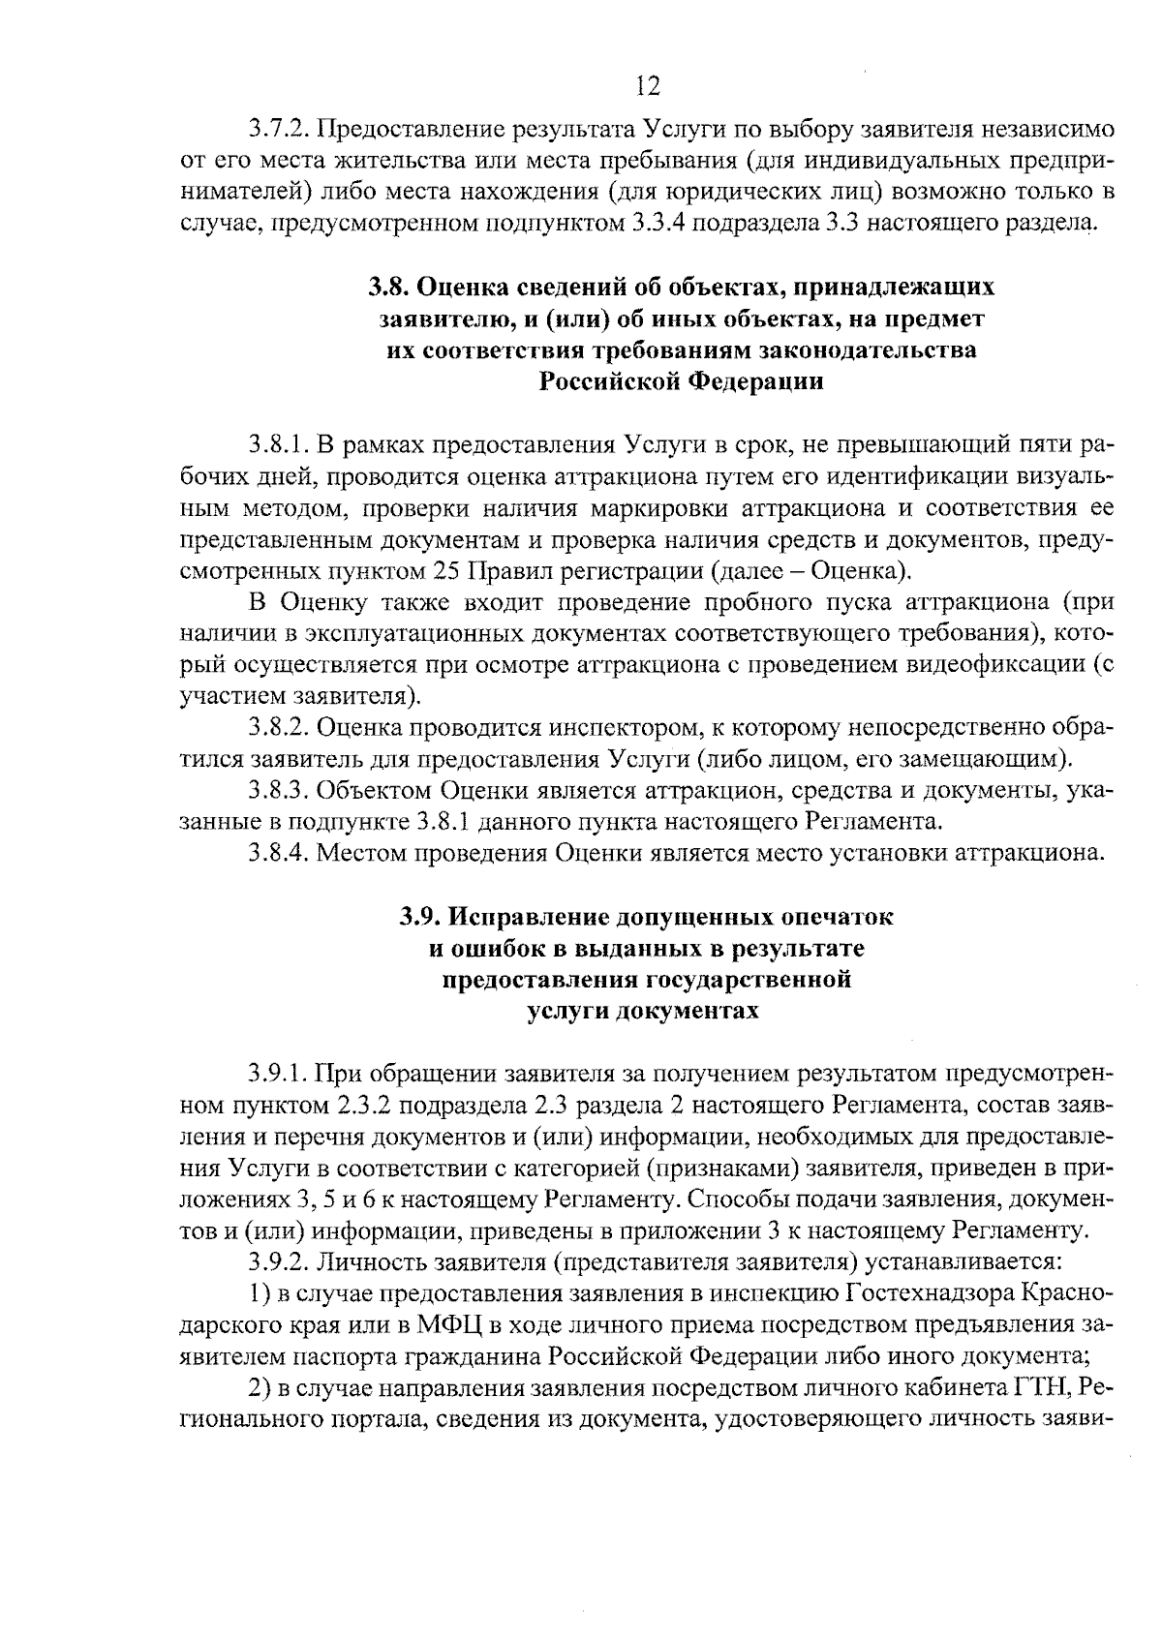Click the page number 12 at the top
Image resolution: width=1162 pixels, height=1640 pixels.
point(648,88)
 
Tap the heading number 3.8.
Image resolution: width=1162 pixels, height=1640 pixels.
point(390,288)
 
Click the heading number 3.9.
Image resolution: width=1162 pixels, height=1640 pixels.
point(423,917)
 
